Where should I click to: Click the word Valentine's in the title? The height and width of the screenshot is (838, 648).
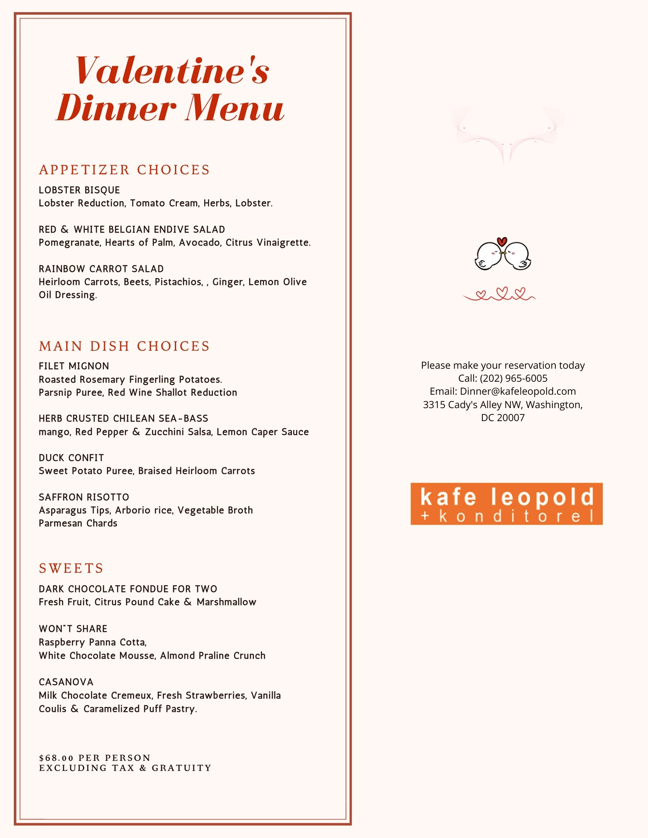tap(172, 70)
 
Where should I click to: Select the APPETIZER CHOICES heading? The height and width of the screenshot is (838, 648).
tap(124, 170)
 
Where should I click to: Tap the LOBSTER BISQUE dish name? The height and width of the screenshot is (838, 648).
tap(79, 190)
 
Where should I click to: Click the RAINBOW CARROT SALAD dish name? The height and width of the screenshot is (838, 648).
tap(101, 269)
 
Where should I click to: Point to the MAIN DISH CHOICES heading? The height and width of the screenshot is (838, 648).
tap(124, 346)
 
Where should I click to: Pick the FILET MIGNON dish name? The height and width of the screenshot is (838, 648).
tap(74, 366)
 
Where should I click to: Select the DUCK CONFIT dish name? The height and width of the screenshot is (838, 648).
tap(71, 458)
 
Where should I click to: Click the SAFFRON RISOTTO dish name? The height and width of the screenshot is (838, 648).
tap(84, 497)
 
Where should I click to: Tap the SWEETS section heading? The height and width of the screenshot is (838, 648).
tap(71, 569)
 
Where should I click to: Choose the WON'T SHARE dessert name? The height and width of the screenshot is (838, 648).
tap(73, 629)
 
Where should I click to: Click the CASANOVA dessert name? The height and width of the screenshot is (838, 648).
tap(66, 682)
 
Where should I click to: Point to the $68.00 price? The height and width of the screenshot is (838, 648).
tap(56, 758)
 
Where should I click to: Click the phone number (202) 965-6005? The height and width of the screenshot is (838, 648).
tap(513, 378)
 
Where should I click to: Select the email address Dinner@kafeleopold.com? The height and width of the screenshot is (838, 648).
tap(518, 391)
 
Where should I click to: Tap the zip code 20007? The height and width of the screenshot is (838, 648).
tap(510, 418)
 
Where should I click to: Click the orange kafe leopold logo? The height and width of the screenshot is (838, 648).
tap(506, 504)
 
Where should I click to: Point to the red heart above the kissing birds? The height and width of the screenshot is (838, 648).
tap(502, 241)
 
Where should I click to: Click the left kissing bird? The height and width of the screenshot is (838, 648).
tap(488, 256)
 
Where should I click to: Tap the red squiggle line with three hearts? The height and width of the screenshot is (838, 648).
tap(499, 294)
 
